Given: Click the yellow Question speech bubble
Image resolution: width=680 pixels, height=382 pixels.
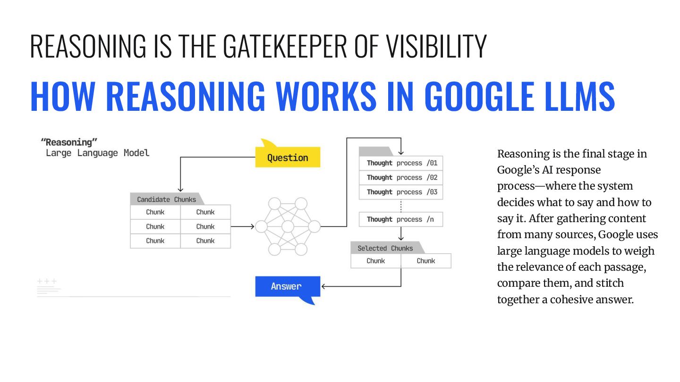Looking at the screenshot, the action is pos(287,158).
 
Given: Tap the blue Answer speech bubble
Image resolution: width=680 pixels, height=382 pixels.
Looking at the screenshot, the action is pos(286,286).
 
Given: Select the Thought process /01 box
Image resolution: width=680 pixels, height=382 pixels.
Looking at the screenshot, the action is pos(401,163).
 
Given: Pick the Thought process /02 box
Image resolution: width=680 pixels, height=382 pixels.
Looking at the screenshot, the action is pos(401,178).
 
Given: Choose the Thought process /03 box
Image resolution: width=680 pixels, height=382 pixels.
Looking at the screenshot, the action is pos(401,192).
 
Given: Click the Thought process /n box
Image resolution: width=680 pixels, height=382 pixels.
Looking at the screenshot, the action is pos(401,219).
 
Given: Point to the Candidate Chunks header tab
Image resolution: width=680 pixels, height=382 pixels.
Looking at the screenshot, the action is pos(166,199).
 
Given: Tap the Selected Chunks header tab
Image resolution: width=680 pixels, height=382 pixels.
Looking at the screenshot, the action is pos(385,248).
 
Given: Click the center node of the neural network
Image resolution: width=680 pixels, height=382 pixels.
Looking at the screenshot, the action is pos(288,227).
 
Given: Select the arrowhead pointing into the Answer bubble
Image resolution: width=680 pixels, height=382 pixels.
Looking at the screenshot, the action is pos(324,286).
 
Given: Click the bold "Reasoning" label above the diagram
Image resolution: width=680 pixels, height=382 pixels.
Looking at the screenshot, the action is pos(66,142).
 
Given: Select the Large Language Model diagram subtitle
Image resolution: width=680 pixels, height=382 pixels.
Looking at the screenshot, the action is pos(97,153).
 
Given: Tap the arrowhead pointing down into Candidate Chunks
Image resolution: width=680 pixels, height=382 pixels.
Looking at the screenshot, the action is pos(180,189).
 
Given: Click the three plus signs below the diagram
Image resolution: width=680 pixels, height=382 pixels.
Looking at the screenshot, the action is pos(47,282).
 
